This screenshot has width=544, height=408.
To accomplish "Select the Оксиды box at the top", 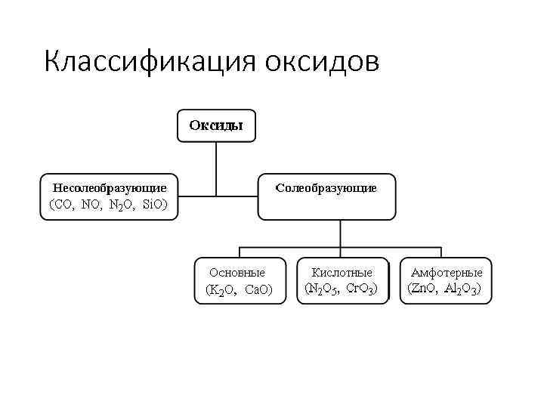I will pyautogui.click(x=216, y=125).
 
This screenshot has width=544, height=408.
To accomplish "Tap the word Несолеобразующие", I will pyautogui.click(x=110, y=187).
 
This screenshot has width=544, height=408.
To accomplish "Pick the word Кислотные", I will pyautogui.click(x=342, y=271).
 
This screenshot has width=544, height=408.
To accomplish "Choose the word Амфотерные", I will pyautogui.click(x=446, y=271).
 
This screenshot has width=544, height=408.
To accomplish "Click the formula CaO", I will pyautogui.click(x=259, y=289).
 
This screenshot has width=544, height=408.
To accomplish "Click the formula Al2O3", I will pyautogui.click(x=462, y=289).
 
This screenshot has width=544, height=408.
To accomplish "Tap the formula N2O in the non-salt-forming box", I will pyautogui.click(x=121, y=205).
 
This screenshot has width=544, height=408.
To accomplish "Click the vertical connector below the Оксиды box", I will pyautogui.click(x=217, y=162).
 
